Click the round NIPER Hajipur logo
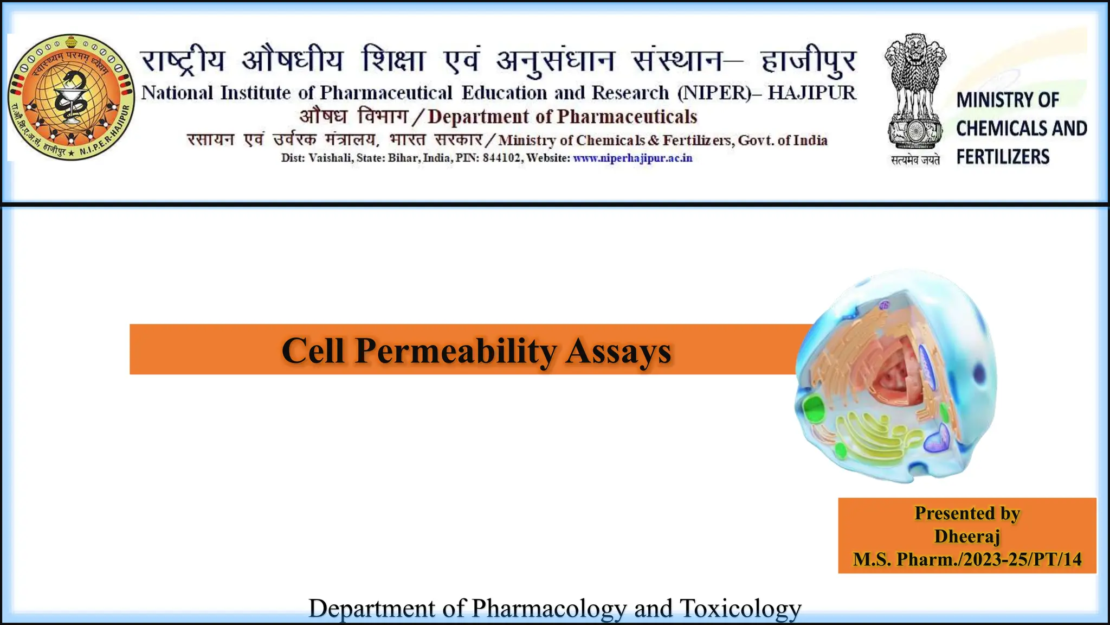coord(72,98)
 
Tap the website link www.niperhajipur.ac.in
coord(633,158)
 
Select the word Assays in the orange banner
coord(618,351)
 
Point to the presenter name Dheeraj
coord(967,536)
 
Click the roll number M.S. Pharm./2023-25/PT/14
coord(967,559)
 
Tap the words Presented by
coord(967,513)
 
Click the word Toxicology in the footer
coord(740,608)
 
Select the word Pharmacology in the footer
coord(549,608)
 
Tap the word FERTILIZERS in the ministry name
coord(1003,157)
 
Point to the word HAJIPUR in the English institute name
coord(812,93)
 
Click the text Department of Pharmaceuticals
coord(562,117)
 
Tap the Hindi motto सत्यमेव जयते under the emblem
coord(915,160)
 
